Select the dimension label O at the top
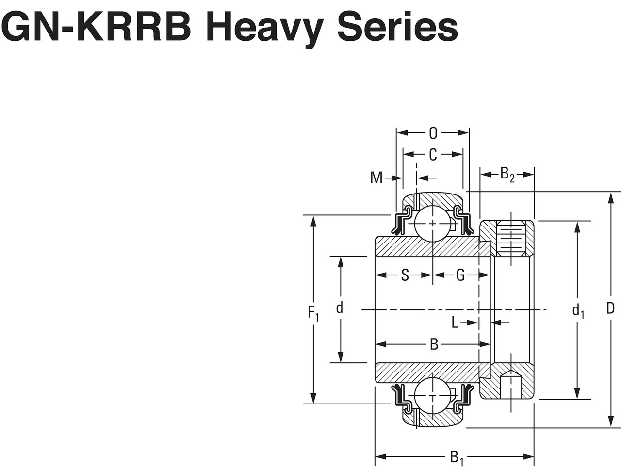click(433, 133)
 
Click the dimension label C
click(433, 155)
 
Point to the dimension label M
click(376, 178)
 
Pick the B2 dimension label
click(507, 174)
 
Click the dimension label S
click(405, 275)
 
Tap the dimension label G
click(460, 275)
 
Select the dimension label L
click(455, 323)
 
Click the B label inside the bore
click(434, 344)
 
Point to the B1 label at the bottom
click(456, 457)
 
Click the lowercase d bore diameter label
click(340, 307)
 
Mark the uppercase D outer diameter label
click(610, 308)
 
